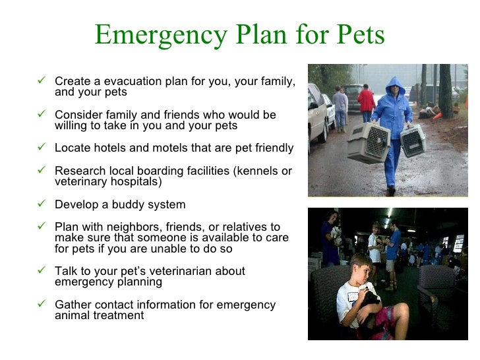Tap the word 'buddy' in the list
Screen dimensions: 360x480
[x=127, y=204]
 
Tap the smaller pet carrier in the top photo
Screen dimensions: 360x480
[x=412, y=140]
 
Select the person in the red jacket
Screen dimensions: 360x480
[x=366, y=102]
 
